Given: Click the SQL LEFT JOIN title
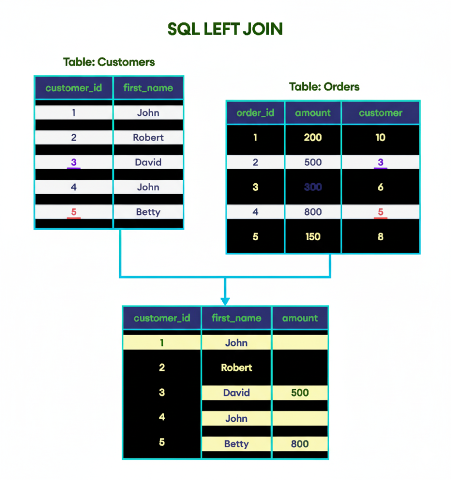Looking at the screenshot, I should (x=225, y=29).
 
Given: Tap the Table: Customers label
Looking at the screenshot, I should (x=109, y=62).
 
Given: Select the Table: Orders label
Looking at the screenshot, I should (x=324, y=87).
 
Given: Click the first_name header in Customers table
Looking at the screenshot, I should (x=148, y=88).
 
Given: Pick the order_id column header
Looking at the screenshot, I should (x=256, y=112).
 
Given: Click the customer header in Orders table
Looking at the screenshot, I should (x=381, y=112).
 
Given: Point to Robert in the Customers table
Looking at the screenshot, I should (x=148, y=137).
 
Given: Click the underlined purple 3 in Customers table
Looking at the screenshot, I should (x=74, y=163).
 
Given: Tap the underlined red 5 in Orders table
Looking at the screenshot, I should (x=381, y=212).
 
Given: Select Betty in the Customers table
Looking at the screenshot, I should (x=148, y=212).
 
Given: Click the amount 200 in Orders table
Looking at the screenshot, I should (x=313, y=137).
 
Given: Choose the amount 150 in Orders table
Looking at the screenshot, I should (x=313, y=237).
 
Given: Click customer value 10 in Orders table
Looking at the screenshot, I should (x=381, y=137).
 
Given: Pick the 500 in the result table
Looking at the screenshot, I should (x=300, y=393).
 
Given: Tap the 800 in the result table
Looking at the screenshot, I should (x=300, y=443).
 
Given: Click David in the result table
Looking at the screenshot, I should (x=236, y=393).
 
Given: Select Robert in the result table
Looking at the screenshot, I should (x=236, y=367).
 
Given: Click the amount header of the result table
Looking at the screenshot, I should (x=300, y=318).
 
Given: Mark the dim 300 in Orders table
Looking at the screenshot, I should (x=313, y=187).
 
